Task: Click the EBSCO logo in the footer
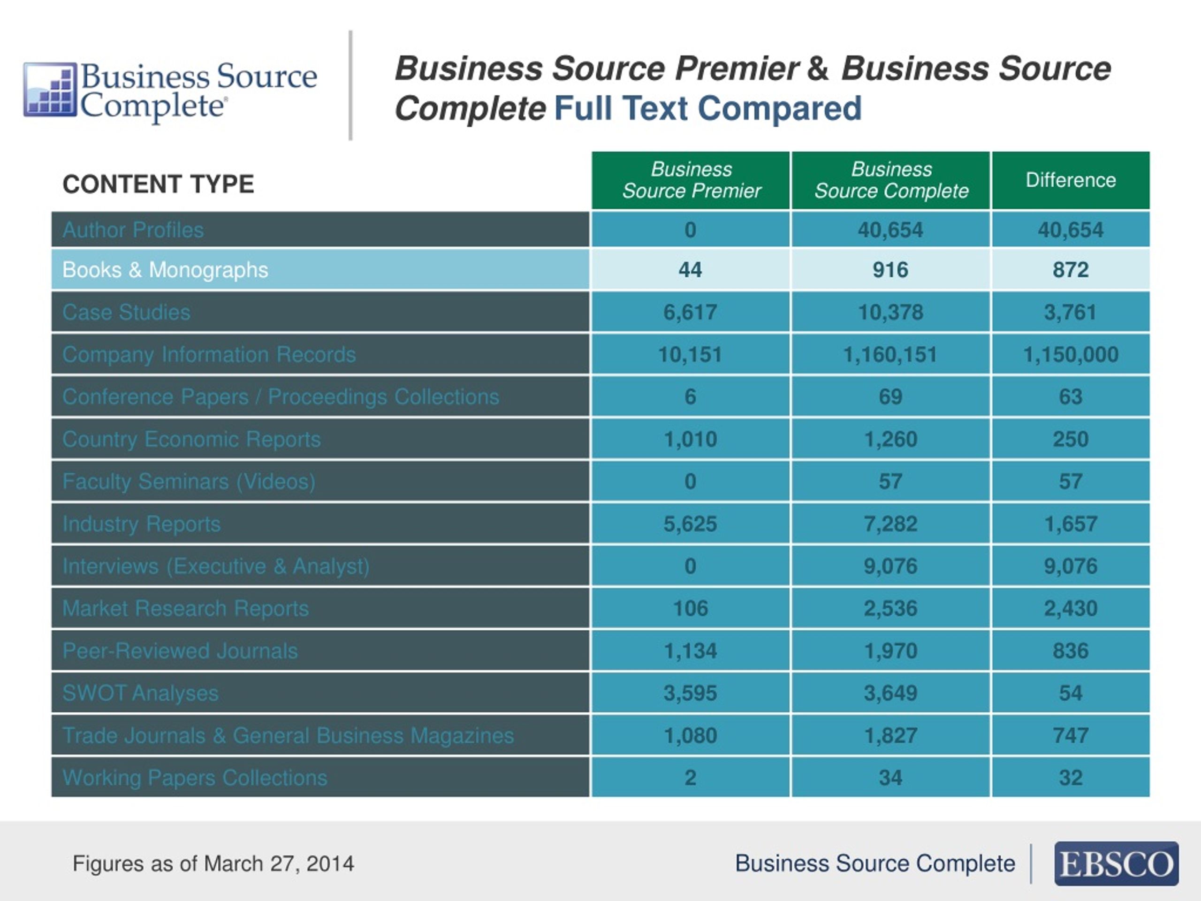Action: click(x=1116, y=863)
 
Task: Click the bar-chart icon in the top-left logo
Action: click(x=50, y=90)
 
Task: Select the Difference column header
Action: click(x=1071, y=180)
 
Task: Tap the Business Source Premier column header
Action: click(x=691, y=180)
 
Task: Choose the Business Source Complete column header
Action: click(x=891, y=180)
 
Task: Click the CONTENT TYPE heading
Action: click(x=158, y=184)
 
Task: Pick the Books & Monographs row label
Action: click(x=165, y=270)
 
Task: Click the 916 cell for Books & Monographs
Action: click(x=890, y=270)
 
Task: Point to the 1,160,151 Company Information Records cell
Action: click(x=890, y=355)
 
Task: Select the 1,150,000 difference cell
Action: click(x=1071, y=355)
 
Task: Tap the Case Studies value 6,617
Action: click(x=691, y=312)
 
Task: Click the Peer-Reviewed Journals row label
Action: click(x=180, y=650)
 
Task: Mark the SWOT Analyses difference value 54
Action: click(x=1071, y=693)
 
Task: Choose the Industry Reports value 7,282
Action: click(x=890, y=524)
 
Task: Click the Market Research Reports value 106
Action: click(x=691, y=608)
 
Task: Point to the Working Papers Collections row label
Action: click(x=195, y=778)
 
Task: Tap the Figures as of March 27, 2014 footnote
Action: click(x=213, y=863)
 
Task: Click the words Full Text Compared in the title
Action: click(x=708, y=108)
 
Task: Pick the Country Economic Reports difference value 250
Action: click(x=1071, y=439)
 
